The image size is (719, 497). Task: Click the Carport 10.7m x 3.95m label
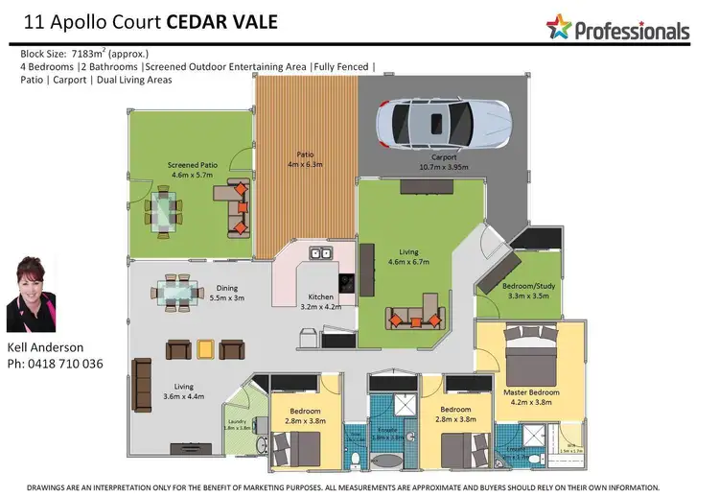pyautogui.click(x=443, y=161)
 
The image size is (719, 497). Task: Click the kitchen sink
pyautogui.click(x=319, y=255)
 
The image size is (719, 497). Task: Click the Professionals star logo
pyautogui.click(x=559, y=27)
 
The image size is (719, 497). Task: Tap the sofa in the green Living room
pyautogui.click(x=414, y=318)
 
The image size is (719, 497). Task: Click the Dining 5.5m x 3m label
pyautogui.click(x=226, y=293)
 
